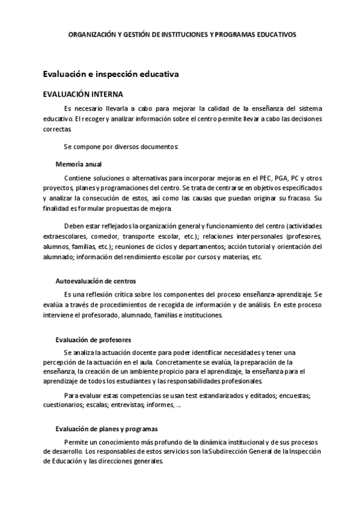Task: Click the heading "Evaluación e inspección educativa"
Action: pos(111,75)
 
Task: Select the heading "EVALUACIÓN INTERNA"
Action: pos(83,94)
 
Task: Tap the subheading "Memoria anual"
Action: pos(78,164)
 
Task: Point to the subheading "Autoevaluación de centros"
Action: pos(96,281)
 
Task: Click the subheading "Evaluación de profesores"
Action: pos(93,340)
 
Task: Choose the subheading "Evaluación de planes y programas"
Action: pos(106,429)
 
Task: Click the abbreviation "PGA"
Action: pos(280,179)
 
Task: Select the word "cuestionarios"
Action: pos(63,405)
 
